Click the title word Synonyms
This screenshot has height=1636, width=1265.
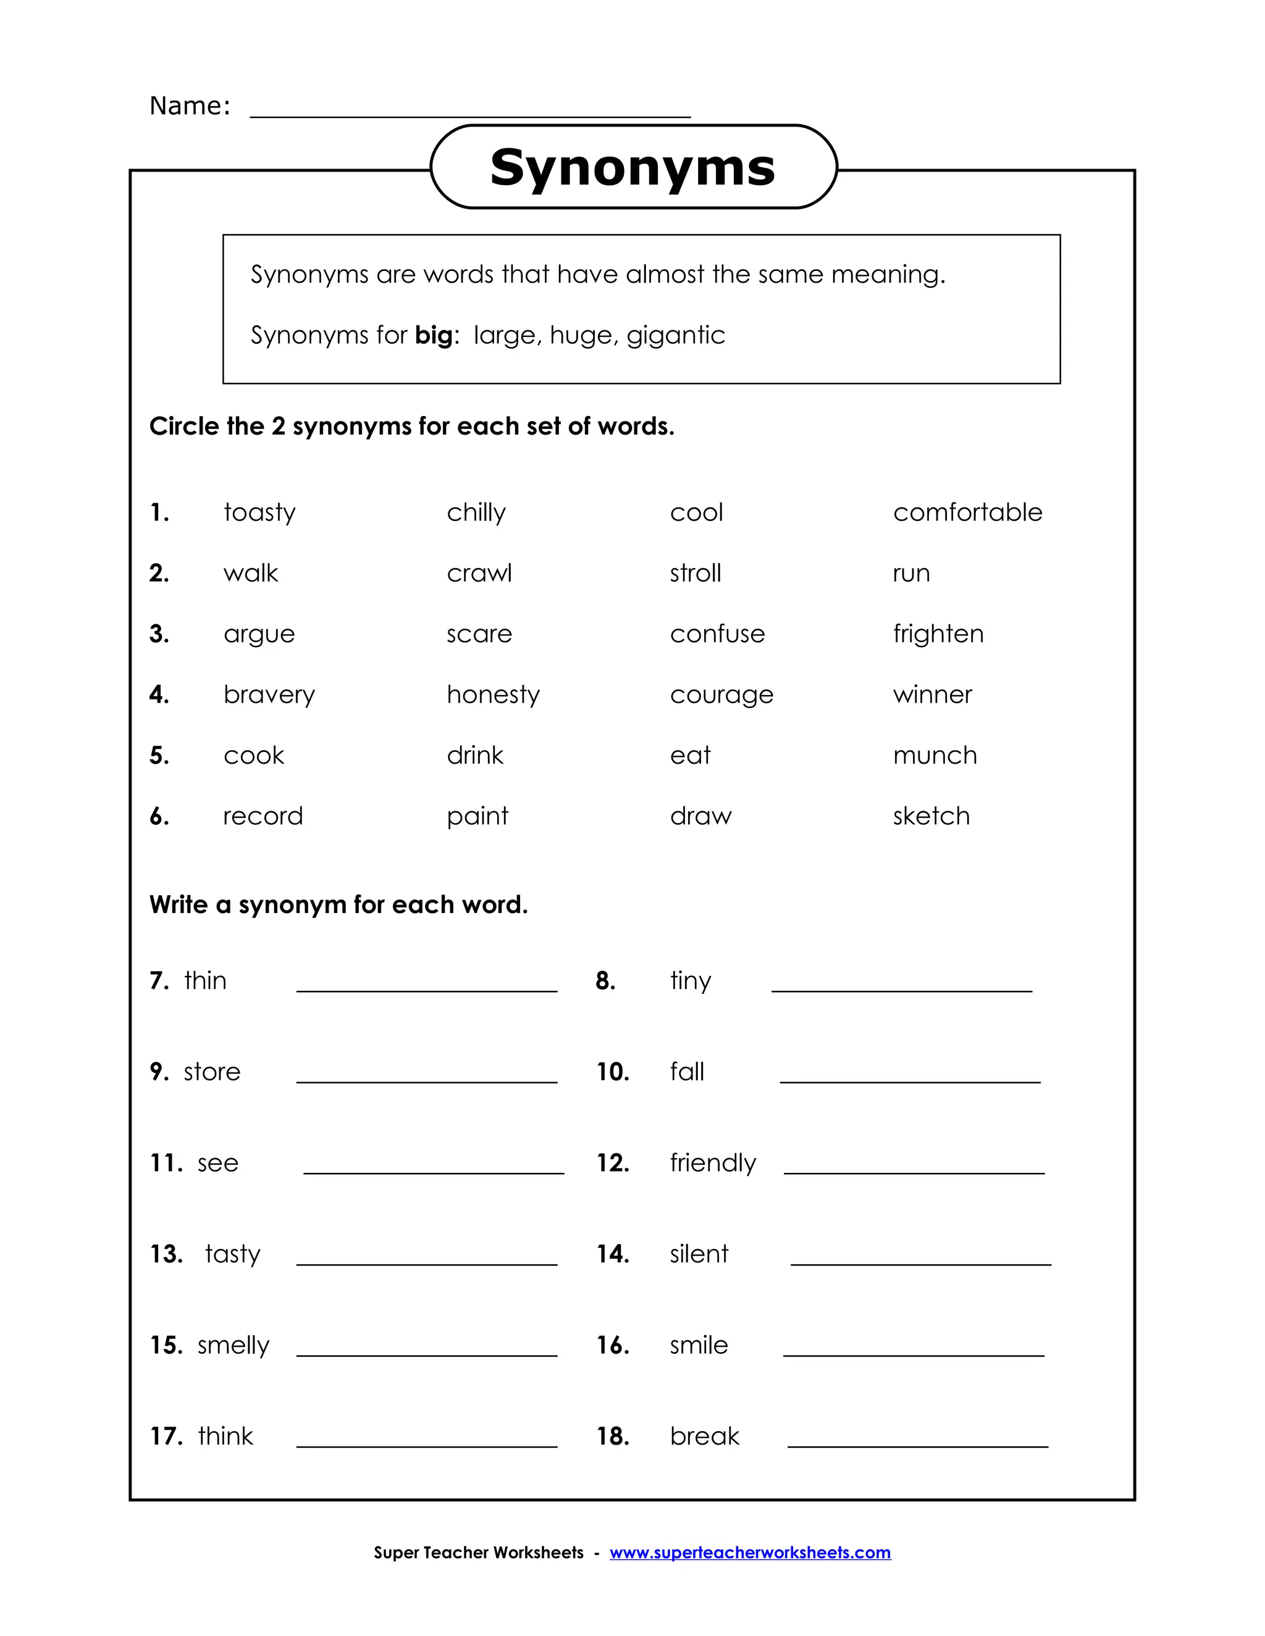(632, 167)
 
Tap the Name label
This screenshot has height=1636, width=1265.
(190, 106)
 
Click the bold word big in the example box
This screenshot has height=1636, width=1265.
(434, 335)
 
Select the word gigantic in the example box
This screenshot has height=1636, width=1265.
(675, 335)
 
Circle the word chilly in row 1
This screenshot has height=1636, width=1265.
(476, 512)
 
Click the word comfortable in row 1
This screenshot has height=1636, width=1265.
(967, 512)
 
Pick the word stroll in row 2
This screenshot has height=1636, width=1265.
(695, 573)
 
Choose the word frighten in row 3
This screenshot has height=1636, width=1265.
(938, 635)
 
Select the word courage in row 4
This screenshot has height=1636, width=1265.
(721, 695)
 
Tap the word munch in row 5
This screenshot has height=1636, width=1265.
(935, 755)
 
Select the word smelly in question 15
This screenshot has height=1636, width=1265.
(232, 1345)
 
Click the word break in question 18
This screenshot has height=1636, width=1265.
(704, 1436)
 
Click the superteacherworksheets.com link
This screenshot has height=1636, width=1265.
(749, 1552)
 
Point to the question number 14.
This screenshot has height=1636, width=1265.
(612, 1254)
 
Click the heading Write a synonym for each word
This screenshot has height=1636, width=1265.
(338, 905)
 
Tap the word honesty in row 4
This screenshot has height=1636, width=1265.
(492, 695)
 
